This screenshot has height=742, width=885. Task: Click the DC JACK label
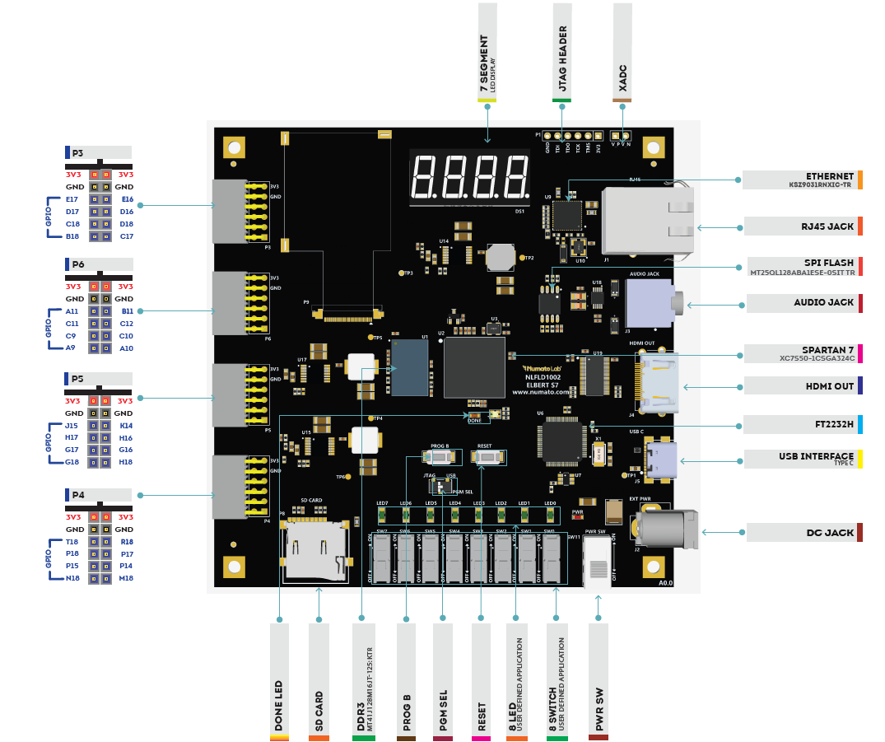[830, 533]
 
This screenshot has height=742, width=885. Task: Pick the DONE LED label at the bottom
[280, 705]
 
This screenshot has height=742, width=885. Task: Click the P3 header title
[77, 152]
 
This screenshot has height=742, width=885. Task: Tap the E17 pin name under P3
[72, 199]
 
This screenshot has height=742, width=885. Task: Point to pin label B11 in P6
[127, 311]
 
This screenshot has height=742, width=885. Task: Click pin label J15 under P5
[72, 426]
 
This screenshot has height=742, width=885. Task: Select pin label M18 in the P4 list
[126, 578]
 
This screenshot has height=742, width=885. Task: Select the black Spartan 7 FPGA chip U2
[473, 367]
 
